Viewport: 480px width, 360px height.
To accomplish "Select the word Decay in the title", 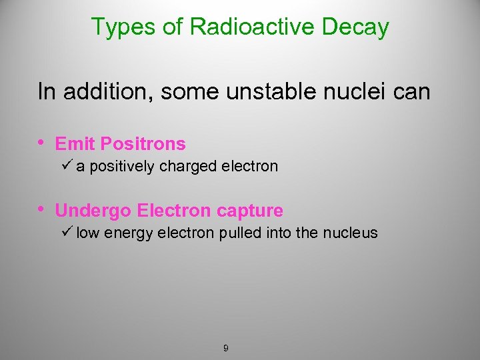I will point(359,27).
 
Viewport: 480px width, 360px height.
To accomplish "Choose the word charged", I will point(184,167).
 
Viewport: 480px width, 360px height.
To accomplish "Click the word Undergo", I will point(93,211).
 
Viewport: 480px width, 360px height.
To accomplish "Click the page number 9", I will point(226,348).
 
